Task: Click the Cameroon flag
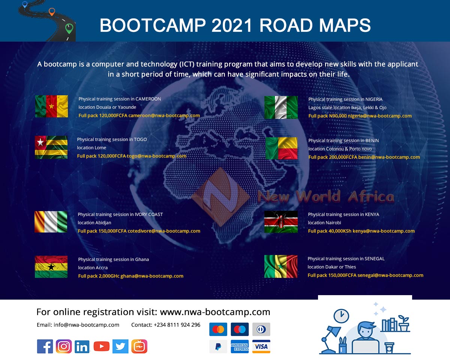pos(51,106)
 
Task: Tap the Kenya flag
pos(281,222)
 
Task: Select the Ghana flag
pos(51,267)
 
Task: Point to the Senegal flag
pos(281,266)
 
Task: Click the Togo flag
pos(51,147)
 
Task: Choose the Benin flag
pos(282,148)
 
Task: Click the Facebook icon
pos(45,346)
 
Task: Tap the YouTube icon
pos(101,346)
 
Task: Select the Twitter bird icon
pos(120,346)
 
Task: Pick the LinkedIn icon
pos(82,346)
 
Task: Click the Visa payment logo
pos(261,346)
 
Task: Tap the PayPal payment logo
pos(218,346)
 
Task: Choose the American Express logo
pos(240,346)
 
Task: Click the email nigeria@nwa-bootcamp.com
pos(379,116)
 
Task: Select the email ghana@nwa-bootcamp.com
pos(152,276)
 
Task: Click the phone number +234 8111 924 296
pos(177,325)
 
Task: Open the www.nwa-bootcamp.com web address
pos(215,312)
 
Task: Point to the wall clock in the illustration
pos(341,316)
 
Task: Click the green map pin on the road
pos(69,28)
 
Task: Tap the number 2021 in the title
pos(232,25)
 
